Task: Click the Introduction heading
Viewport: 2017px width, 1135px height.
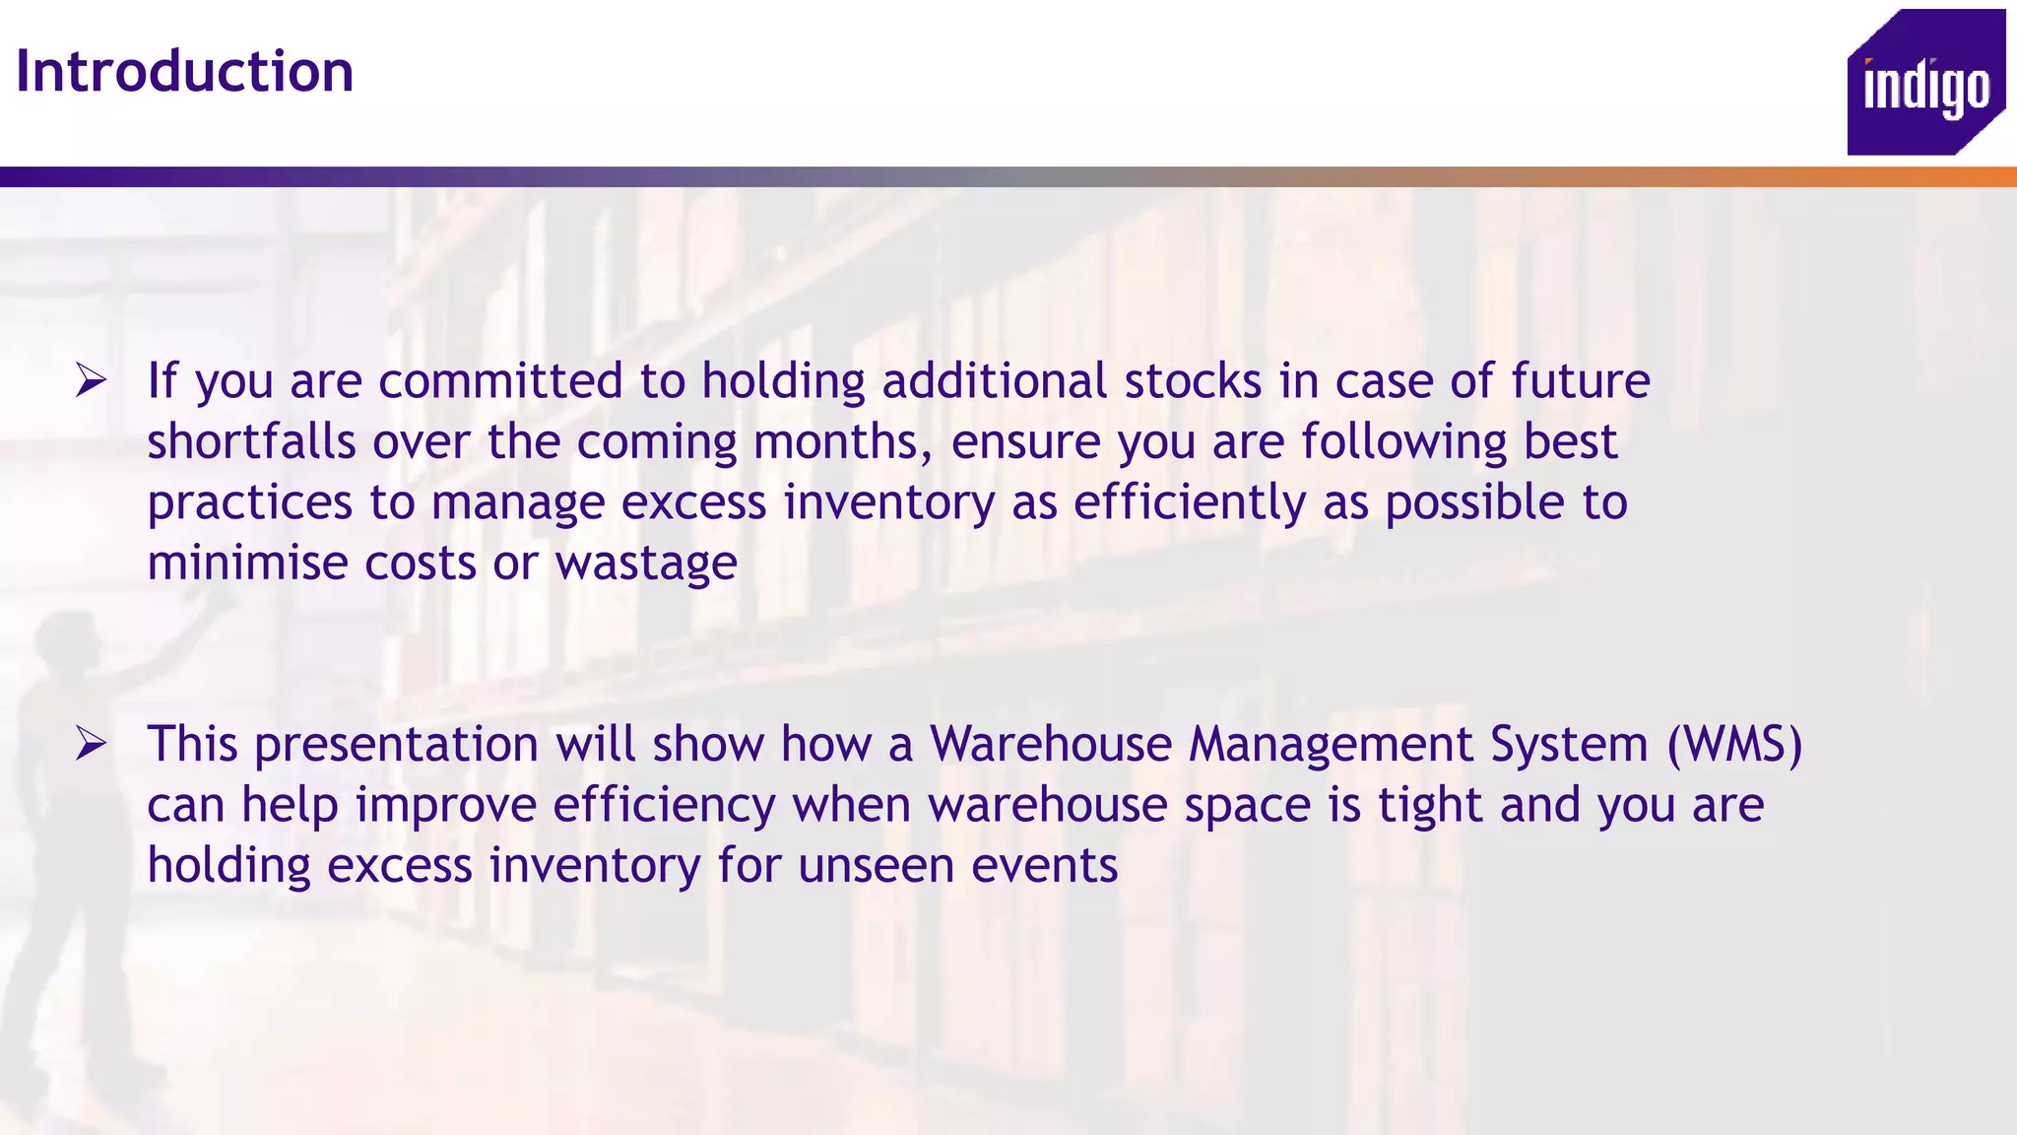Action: pyautogui.click(x=184, y=72)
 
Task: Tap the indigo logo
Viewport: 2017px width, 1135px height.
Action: pyautogui.click(x=1925, y=84)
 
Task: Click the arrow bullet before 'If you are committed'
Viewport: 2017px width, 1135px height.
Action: pyautogui.click(x=91, y=380)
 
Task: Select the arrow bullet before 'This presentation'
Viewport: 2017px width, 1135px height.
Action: pyautogui.click(x=91, y=744)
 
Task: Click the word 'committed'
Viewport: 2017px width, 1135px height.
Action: pyautogui.click(x=500, y=381)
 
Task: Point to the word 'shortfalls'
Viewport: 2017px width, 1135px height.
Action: pyautogui.click(x=251, y=441)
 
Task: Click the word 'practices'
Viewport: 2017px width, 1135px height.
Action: pyautogui.click(x=249, y=503)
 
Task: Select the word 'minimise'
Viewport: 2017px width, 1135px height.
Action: pyautogui.click(x=247, y=564)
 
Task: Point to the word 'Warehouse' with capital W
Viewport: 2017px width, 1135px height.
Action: pyautogui.click(x=1051, y=744)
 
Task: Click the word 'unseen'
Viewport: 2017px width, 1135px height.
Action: pyautogui.click(x=876, y=866)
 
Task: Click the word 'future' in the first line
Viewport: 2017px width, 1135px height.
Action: pyautogui.click(x=1581, y=381)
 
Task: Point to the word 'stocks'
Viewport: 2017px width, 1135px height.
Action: pyautogui.click(x=1193, y=381)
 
